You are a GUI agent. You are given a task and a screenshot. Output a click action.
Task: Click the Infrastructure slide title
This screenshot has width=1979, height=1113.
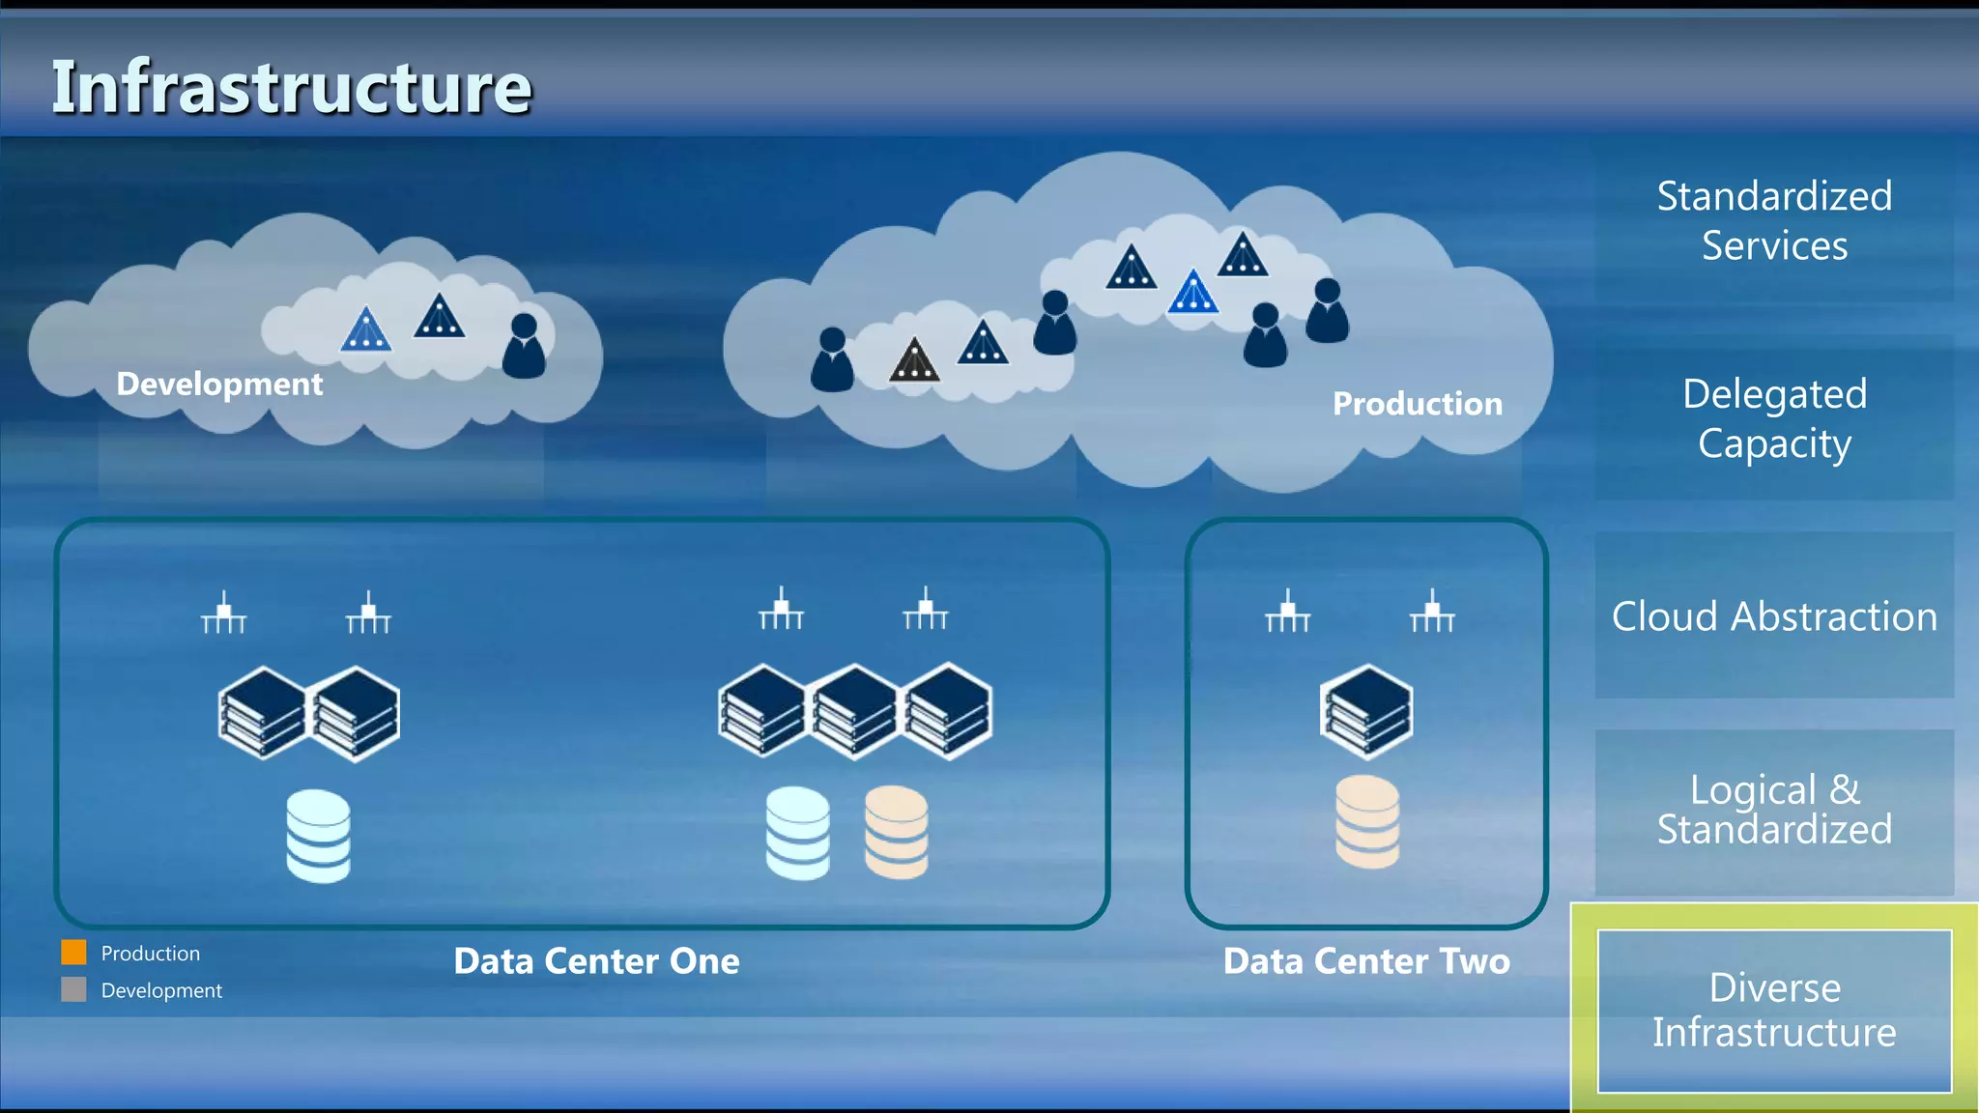tap(291, 87)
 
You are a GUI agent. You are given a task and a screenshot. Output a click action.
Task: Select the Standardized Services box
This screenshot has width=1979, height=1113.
tap(1774, 220)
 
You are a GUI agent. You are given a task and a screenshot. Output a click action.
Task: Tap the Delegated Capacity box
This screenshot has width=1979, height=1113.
tap(1774, 418)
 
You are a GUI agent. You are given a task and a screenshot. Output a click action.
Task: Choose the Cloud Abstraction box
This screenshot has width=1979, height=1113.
tap(1774, 615)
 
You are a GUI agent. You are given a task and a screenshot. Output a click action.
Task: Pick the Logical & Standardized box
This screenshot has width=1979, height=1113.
tap(1774, 811)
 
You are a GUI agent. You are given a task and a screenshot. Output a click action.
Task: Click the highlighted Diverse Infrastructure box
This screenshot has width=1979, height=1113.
tap(1774, 1010)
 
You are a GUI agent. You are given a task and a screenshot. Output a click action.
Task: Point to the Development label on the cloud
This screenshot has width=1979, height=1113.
tap(219, 384)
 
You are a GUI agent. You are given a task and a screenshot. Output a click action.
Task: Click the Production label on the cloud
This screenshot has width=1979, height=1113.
tap(1417, 403)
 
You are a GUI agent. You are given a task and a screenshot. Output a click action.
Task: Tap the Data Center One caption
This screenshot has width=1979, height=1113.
tap(596, 961)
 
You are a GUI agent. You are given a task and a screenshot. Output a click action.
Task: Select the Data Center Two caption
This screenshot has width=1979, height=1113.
tap(1365, 961)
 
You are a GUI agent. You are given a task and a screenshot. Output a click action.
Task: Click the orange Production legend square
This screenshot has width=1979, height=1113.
tap(73, 953)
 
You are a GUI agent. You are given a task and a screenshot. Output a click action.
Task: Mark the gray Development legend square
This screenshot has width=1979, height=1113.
tap(73, 989)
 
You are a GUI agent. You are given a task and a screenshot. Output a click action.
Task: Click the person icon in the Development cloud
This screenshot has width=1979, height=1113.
tap(524, 346)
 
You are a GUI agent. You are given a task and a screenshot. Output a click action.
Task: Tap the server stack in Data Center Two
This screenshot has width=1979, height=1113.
tap(1366, 712)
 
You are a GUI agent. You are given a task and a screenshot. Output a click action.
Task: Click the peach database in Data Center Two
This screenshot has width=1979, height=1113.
tap(1366, 822)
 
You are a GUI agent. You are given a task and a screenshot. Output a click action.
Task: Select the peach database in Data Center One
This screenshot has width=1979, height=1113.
tap(896, 832)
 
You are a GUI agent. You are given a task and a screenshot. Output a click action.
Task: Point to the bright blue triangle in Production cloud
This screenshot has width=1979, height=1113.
tap(1192, 293)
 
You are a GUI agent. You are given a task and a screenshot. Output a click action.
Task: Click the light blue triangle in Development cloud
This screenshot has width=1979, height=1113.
tap(365, 330)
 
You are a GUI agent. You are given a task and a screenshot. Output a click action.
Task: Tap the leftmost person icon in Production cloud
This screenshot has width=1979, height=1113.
tap(832, 359)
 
